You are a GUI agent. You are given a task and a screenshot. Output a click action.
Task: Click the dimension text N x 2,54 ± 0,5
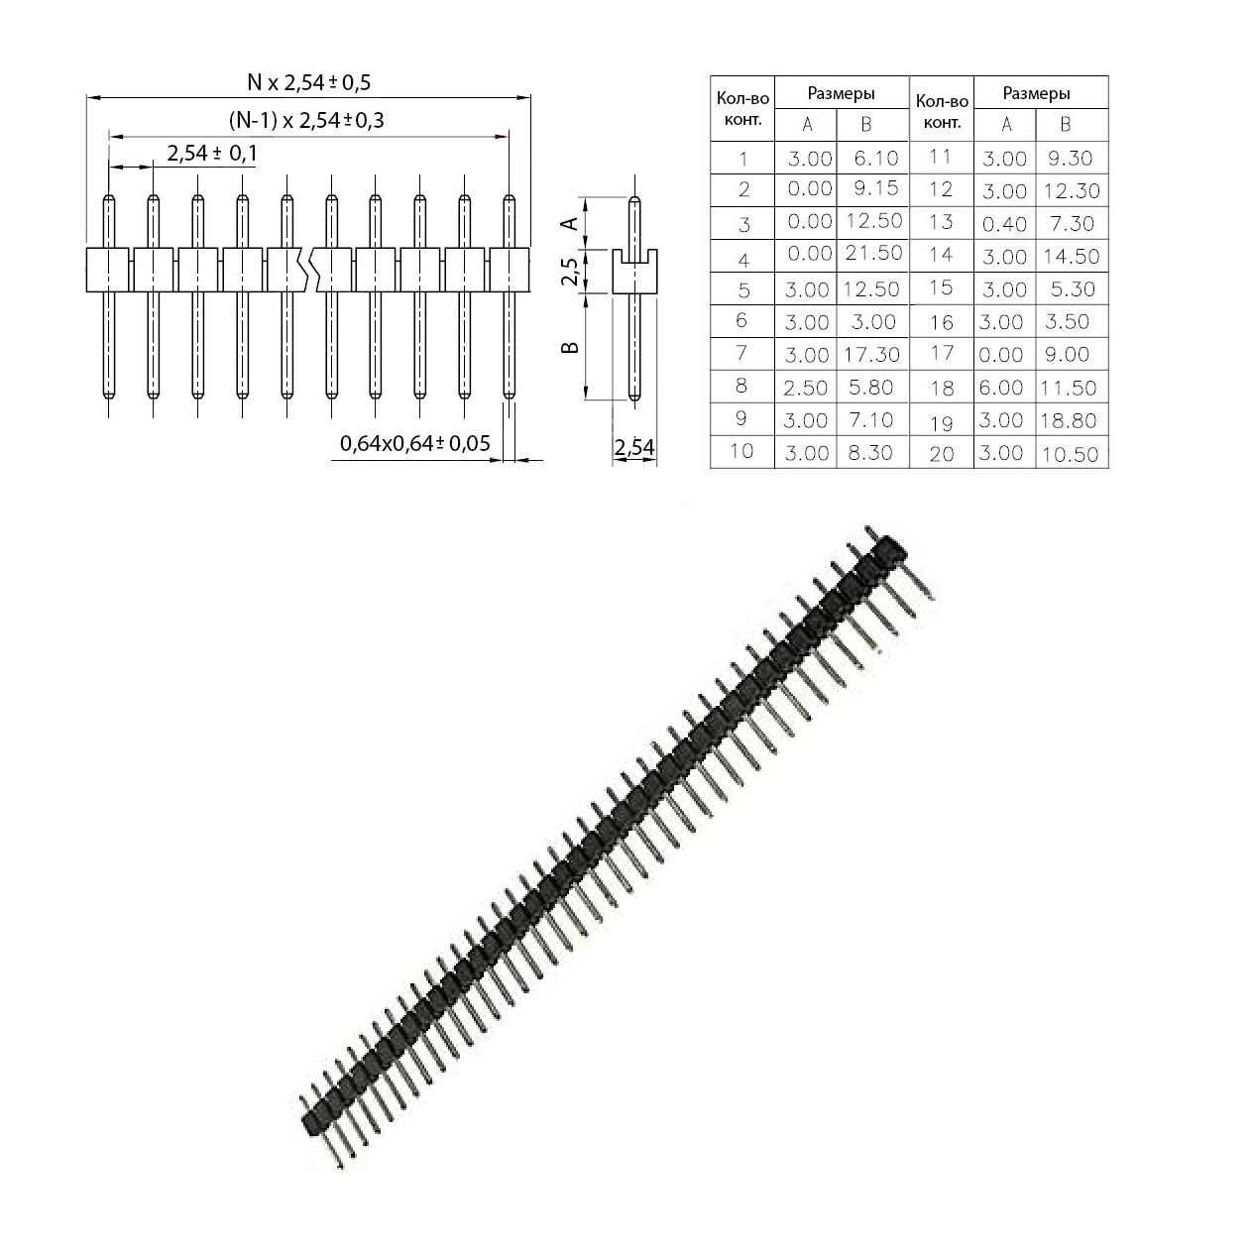coord(308,82)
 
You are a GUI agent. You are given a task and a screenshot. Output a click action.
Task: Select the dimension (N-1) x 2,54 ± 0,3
coord(306,121)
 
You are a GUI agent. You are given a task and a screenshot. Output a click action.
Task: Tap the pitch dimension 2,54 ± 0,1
coord(212,153)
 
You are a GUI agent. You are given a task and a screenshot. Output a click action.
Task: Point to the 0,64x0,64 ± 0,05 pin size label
coord(415,443)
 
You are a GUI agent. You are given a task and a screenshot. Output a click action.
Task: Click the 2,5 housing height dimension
coord(569,271)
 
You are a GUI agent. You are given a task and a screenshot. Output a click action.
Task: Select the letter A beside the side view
coord(570,223)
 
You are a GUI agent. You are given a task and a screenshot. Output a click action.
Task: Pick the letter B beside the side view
coord(571,347)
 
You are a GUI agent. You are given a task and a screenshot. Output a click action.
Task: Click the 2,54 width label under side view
coord(634,448)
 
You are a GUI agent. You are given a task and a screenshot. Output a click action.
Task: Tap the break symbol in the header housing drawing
coord(308,269)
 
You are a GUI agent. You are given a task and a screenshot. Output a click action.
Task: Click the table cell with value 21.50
coord(873,253)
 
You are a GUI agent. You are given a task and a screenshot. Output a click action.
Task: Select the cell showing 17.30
coord(873,354)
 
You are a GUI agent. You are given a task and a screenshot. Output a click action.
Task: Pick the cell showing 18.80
coord(1069,420)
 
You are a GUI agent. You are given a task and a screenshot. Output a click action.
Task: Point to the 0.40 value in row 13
coord(1004,224)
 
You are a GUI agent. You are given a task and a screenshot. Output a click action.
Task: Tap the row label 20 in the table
coord(941,454)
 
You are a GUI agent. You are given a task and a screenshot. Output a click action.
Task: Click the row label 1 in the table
coord(743,159)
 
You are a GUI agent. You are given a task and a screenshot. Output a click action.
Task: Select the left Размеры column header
coord(841,94)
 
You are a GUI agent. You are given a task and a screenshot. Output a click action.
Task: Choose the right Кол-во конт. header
coord(941,111)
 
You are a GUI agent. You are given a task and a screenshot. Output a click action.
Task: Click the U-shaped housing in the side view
coord(634,272)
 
